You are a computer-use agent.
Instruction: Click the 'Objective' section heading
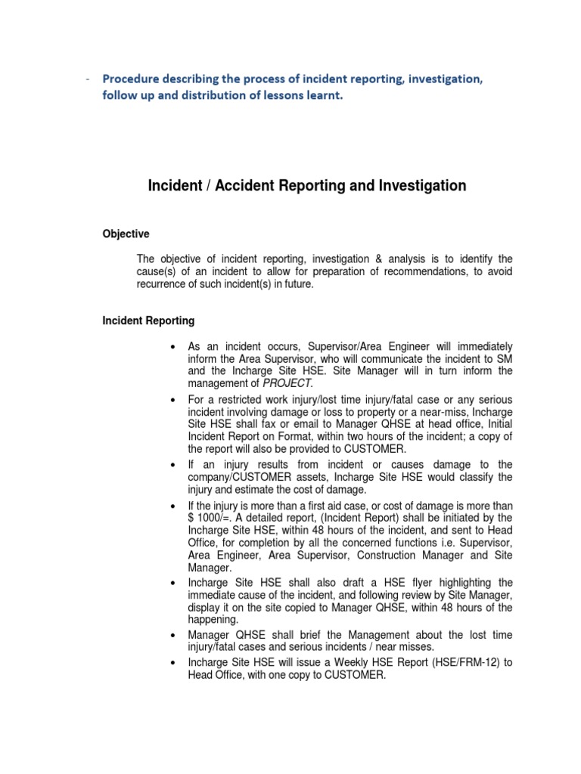pyautogui.click(x=126, y=234)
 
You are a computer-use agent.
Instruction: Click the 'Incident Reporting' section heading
pyautogui.click(x=148, y=320)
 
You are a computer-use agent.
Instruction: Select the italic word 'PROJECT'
pyautogui.click(x=287, y=384)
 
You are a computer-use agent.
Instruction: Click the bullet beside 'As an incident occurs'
pyautogui.click(x=174, y=346)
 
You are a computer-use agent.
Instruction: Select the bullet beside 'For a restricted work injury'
pyautogui.click(x=174, y=398)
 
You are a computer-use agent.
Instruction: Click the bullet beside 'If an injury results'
pyautogui.click(x=174, y=464)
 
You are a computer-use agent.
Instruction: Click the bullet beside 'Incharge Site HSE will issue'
pyautogui.click(x=174, y=663)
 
